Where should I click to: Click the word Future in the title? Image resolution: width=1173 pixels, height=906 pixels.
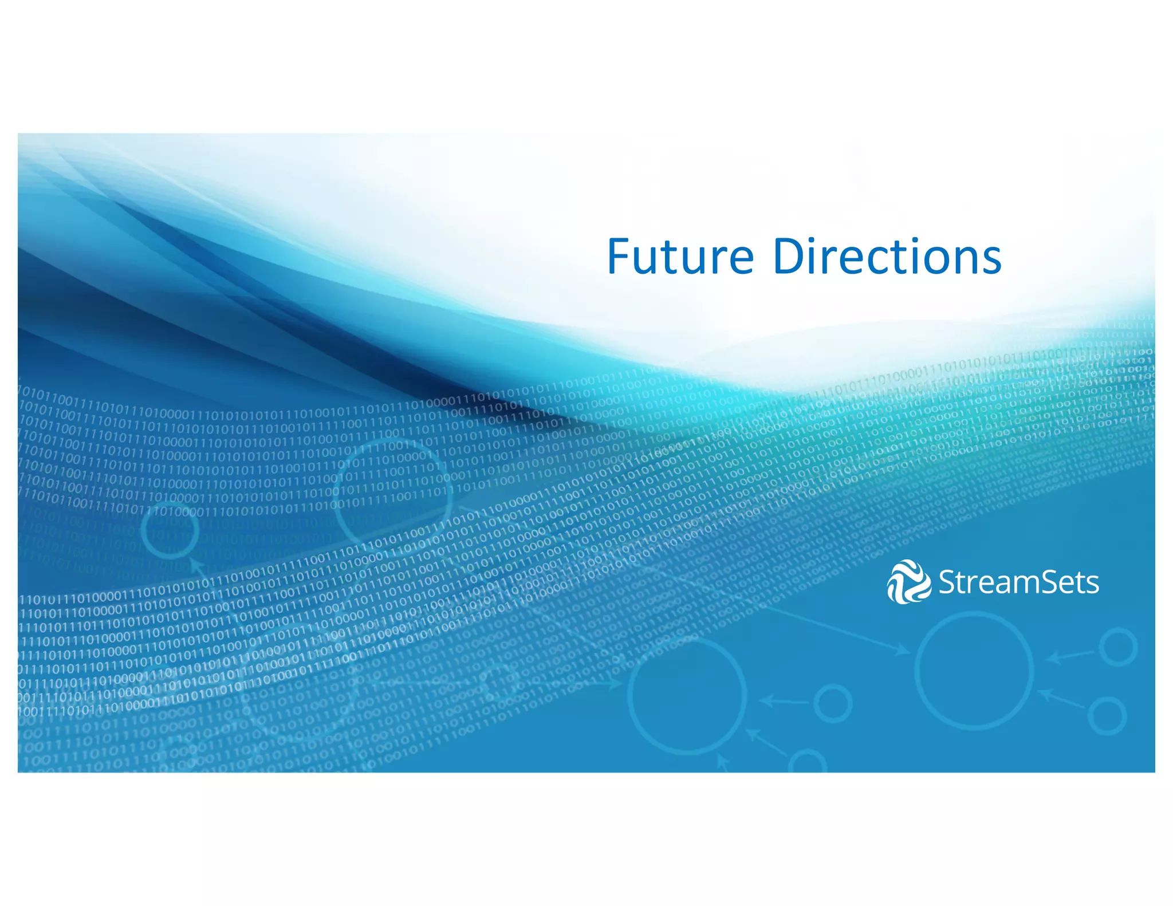click(x=680, y=257)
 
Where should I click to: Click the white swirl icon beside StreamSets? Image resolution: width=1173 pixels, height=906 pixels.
click(x=908, y=582)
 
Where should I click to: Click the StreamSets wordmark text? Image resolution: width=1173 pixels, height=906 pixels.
click(x=1018, y=582)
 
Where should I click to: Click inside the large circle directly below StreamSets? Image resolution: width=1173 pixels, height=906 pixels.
click(x=974, y=670)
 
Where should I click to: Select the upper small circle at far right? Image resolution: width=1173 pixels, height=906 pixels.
click(x=1117, y=647)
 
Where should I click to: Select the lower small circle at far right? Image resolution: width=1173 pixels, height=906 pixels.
click(x=1107, y=716)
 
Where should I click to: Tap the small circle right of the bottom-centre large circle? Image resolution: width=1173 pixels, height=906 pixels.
click(x=833, y=703)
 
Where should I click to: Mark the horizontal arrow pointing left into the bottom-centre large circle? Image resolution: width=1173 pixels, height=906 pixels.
click(x=785, y=700)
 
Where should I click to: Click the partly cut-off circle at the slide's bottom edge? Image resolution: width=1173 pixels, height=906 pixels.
click(x=808, y=764)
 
